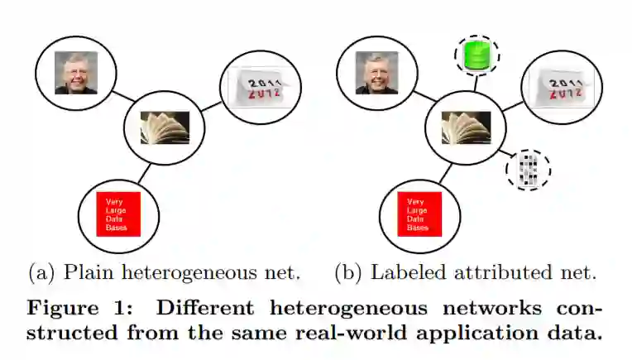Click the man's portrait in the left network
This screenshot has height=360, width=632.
tap(76, 73)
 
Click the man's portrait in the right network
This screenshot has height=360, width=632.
tap(376, 73)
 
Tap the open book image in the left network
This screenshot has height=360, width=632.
tap(164, 128)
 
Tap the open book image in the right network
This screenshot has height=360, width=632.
tap(466, 128)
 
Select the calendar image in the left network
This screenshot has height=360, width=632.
tap(258, 85)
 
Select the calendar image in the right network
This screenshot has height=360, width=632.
tap(560, 86)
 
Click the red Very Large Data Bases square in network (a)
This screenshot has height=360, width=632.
tap(118, 214)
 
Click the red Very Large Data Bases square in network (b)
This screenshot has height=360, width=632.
tap(419, 214)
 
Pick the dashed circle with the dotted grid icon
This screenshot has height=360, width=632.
tap(528, 169)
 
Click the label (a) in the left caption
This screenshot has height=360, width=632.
tap(42, 271)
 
